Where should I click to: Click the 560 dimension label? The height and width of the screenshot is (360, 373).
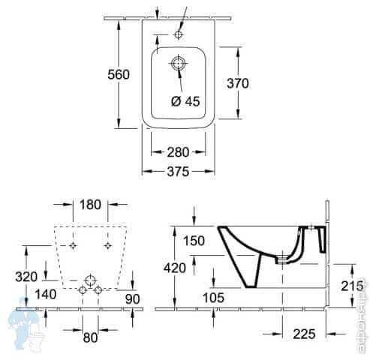pyautogui.click(x=119, y=74)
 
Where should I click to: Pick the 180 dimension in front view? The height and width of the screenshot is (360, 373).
pyautogui.click(x=89, y=205)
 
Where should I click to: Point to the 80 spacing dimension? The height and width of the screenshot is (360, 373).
pyautogui.click(x=90, y=337)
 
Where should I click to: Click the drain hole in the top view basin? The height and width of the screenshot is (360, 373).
pyautogui.click(x=179, y=64)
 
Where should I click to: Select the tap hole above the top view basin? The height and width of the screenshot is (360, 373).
pyautogui.click(x=179, y=34)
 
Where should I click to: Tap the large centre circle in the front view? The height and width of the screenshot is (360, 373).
pyautogui.click(x=90, y=282)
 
